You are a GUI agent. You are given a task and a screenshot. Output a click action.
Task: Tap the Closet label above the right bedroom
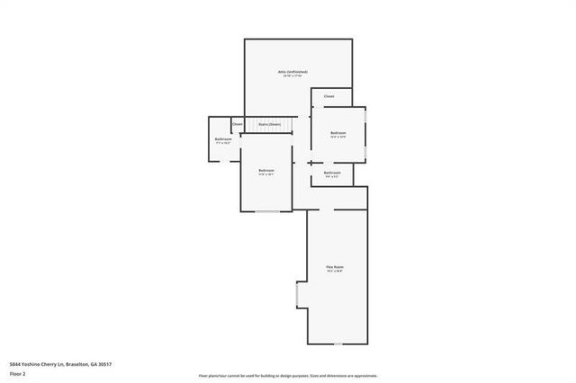(329, 96)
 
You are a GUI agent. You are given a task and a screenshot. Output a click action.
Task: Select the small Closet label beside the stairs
(238, 124)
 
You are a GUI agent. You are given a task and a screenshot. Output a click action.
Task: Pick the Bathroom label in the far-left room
(223, 139)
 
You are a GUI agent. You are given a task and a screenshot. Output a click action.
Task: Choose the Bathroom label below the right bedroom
(332, 172)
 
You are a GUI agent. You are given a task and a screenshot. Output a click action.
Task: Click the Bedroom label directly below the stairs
(266, 170)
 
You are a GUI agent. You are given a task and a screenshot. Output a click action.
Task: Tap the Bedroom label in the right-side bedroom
(338, 132)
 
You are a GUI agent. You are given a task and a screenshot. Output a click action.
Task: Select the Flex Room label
(337, 267)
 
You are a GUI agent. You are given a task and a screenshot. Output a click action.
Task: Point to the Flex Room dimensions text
(337, 272)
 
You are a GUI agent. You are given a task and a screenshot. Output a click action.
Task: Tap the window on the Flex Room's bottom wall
(337, 345)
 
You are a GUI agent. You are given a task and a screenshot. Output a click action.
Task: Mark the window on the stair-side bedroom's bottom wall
(267, 212)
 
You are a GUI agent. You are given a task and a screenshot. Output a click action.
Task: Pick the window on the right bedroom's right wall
(366, 132)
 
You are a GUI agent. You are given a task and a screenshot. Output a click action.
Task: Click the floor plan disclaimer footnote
(288, 375)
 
